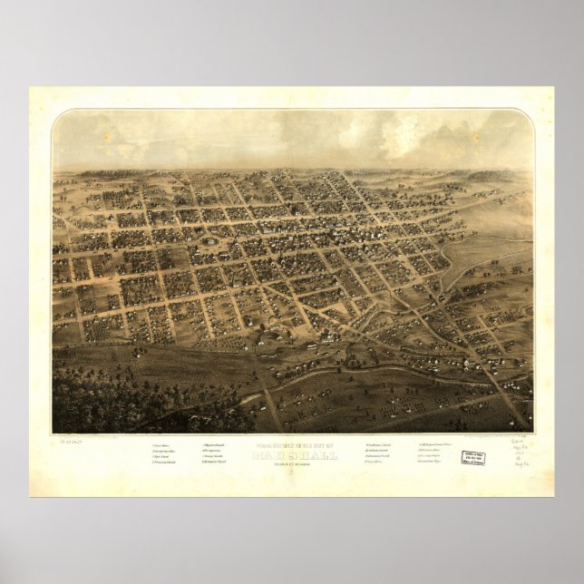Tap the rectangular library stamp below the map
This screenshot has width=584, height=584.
[x=472, y=458]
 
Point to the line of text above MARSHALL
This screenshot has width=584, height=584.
[x=291, y=443]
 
